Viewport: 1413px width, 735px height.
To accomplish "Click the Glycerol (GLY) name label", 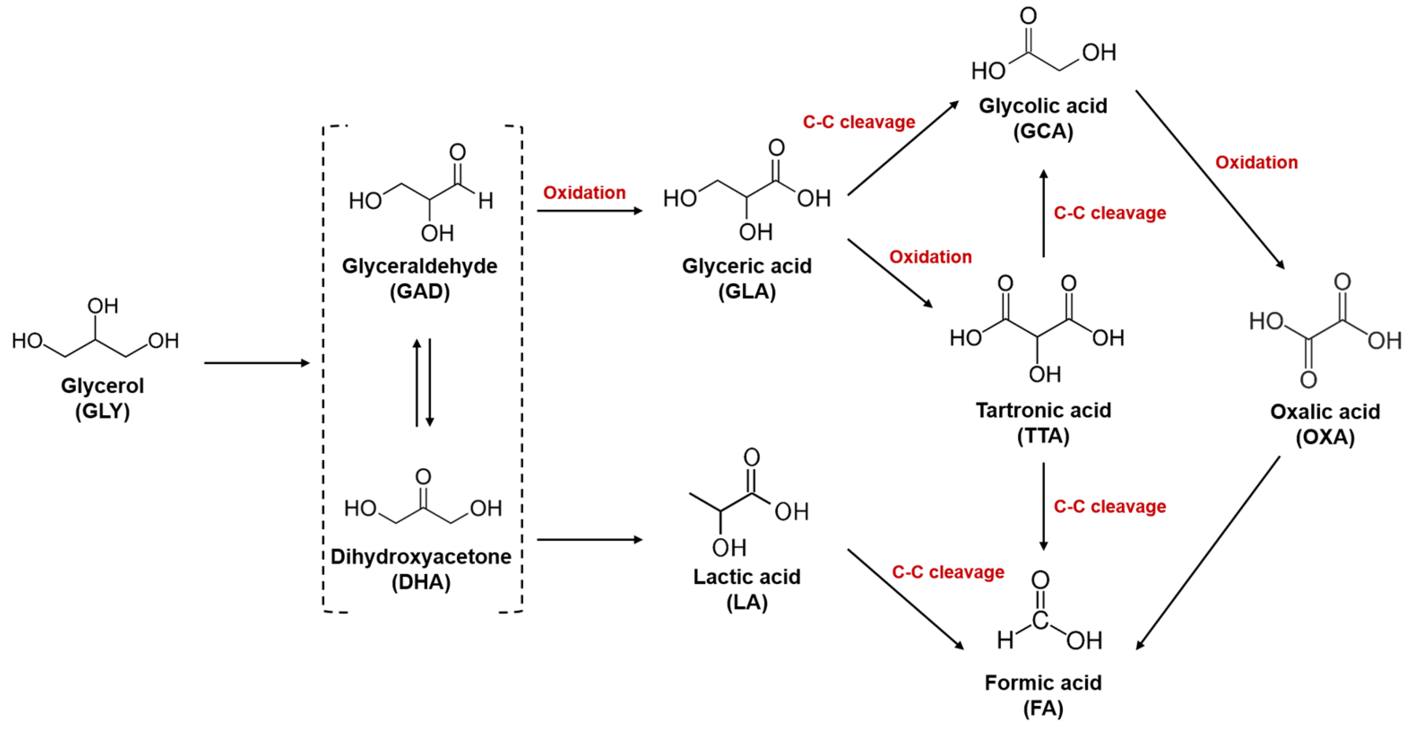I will (x=102, y=398).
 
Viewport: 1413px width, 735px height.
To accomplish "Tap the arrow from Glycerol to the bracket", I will (x=257, y=363).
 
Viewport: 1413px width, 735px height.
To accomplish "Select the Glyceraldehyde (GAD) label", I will (x=420, y=278).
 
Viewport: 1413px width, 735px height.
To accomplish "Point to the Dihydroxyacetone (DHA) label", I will (x=421, y=569).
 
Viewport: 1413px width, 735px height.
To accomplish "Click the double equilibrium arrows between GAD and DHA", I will (x=423, y=383).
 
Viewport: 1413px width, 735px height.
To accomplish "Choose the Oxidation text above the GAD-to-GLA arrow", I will (x=584, y=193).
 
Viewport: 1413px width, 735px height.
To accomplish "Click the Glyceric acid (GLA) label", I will (x=747, y=278).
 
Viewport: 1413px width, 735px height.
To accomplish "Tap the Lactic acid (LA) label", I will (x=747, y=589).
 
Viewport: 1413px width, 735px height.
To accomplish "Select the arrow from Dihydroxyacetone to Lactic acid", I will (x=589, y=540).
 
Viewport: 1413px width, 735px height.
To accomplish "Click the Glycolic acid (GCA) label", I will (x=1043, y=118).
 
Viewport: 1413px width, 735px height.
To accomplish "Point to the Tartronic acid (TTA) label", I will (x=1043, y=423).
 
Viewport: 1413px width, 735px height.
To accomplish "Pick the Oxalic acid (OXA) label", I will (x=1325, y=424).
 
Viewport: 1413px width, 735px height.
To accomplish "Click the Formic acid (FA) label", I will (x=1043, y=695).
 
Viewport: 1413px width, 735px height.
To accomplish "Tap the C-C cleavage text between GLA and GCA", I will (x=858, y=122).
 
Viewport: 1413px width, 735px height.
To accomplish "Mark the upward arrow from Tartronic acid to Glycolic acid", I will (x=1043, y=214).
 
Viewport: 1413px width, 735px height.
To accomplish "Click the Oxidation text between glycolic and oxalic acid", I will (x=1256, y=163).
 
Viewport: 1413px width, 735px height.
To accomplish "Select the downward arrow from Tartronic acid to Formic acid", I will (x=1043, y=506).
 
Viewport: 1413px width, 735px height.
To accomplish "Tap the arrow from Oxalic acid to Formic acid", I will (x=1209, y=552).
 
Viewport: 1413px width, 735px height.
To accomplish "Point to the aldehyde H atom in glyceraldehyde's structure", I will (x=485, y=201).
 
